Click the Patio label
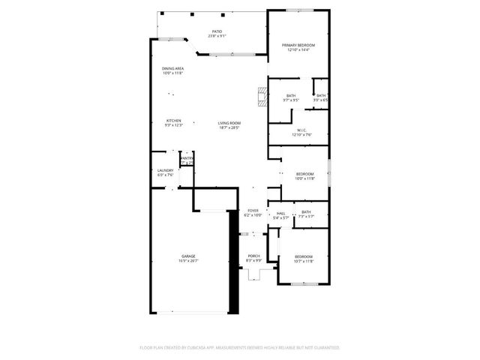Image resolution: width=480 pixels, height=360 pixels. [x=217, y=31]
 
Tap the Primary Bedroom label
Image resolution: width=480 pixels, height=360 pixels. [x=298, y=46]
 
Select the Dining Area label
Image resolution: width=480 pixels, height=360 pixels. [x=173, y=69]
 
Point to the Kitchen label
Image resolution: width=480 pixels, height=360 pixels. [x=173, y=121]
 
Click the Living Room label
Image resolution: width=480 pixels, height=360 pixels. [x=229, y=123]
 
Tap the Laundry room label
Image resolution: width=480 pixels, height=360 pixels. [x=165, y=170]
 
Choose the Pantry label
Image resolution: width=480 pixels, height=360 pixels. [x=187, y=158]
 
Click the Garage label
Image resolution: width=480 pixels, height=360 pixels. [x=187, y=256]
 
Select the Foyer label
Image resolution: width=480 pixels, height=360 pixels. [x=253, y=211]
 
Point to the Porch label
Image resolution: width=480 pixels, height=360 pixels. [x=254, y=256]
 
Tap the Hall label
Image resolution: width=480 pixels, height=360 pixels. [x=281, y=214]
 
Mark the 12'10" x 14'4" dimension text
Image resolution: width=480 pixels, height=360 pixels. [x=298, y=50]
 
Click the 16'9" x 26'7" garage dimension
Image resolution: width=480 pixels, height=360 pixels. [x=187, y=261]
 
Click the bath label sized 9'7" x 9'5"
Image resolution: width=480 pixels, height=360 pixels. [x=290, y=97]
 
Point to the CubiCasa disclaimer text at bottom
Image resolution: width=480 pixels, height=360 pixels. [x=240, y=348]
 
